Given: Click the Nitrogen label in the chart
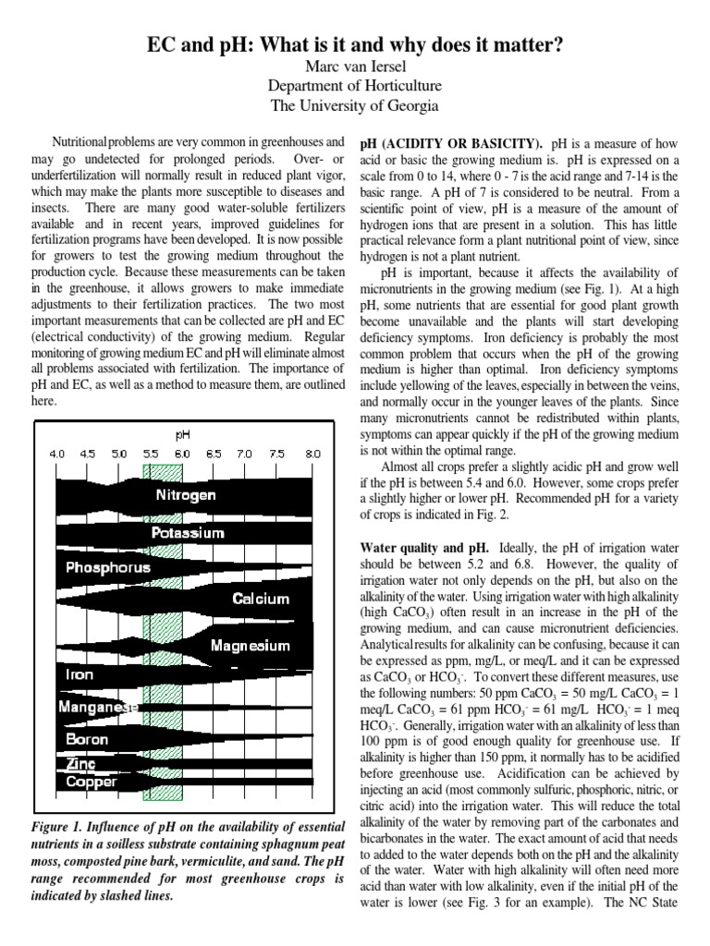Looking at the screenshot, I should click(x=186, y=495).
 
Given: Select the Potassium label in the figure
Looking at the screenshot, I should click(x=188, y=533).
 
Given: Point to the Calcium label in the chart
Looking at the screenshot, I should click(x=261, y=599).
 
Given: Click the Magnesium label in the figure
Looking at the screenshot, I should click(x=250, y=646).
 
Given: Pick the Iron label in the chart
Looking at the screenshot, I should click(x=80, y=675).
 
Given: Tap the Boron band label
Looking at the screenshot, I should click(x=87, y=740).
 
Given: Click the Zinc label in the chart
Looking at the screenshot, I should click(x=80, y=765).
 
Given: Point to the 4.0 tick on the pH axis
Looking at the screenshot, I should click(x=57, y=455).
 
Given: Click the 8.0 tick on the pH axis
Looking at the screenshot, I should click(x=312, y=455).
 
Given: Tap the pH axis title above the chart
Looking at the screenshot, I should click(x=182, y=433).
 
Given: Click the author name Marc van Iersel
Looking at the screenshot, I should click(x=354, y=67).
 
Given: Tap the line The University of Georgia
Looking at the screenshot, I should click(x=354, y=105).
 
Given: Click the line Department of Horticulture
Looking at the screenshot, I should click(x=354, y=86).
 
